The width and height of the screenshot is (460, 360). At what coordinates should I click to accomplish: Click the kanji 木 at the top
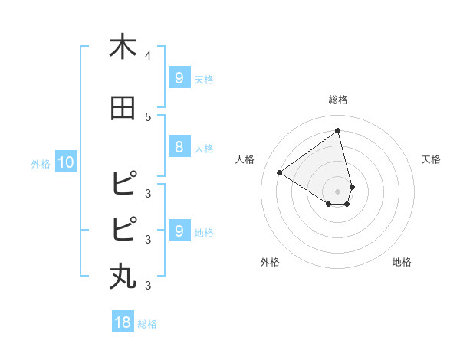123,47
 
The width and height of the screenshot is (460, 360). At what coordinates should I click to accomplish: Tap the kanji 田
123,108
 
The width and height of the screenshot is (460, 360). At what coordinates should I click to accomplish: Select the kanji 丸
123,276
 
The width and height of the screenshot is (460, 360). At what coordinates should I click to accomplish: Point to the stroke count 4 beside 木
148,56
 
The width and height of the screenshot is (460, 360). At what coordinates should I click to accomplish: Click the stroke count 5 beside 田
148,116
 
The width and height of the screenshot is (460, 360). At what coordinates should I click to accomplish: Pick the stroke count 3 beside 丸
148,286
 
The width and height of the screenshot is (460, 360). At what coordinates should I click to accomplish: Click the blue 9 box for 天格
179,77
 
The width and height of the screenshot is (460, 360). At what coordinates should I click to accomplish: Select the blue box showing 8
179,147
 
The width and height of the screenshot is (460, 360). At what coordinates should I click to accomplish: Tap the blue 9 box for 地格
179,231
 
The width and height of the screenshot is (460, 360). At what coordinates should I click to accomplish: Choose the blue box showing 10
65,162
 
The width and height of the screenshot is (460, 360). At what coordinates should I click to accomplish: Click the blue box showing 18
123,322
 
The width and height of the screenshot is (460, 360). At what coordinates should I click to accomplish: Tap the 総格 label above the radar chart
338,100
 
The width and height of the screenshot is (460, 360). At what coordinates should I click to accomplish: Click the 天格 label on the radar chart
432,159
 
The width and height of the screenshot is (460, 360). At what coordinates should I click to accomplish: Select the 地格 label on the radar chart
402,262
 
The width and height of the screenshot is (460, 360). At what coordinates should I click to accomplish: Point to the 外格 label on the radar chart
270,262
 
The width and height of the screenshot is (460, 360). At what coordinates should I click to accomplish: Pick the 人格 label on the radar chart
245,159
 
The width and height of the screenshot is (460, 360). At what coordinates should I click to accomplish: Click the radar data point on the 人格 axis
280,172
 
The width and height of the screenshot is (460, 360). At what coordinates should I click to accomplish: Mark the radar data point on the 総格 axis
338,131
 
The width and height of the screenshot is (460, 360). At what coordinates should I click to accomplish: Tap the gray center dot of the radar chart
338,191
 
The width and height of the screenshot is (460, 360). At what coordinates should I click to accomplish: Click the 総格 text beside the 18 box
147,324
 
